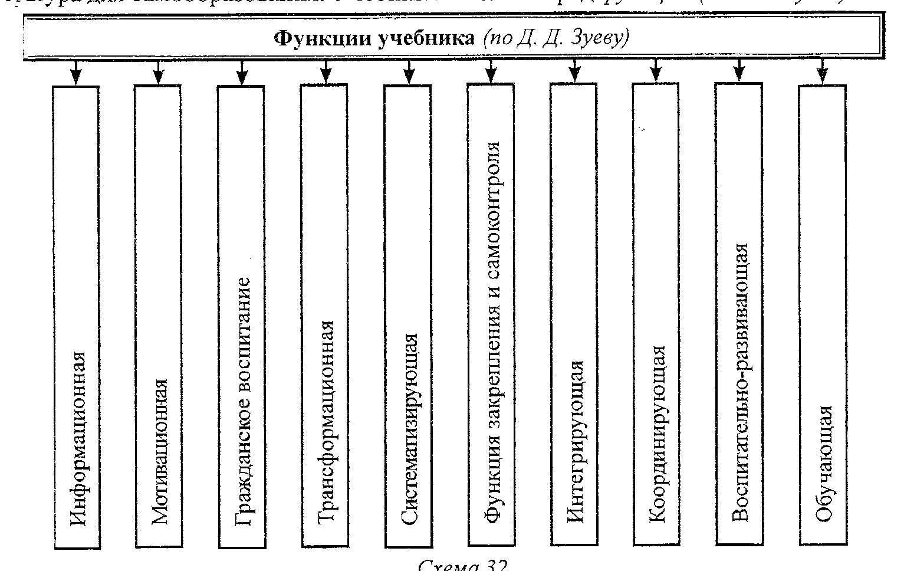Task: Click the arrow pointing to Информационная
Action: point(76,73)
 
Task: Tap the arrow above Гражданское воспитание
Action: point(241,73)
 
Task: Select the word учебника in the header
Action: point(418,39)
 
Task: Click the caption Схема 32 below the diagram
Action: point(462,564)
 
